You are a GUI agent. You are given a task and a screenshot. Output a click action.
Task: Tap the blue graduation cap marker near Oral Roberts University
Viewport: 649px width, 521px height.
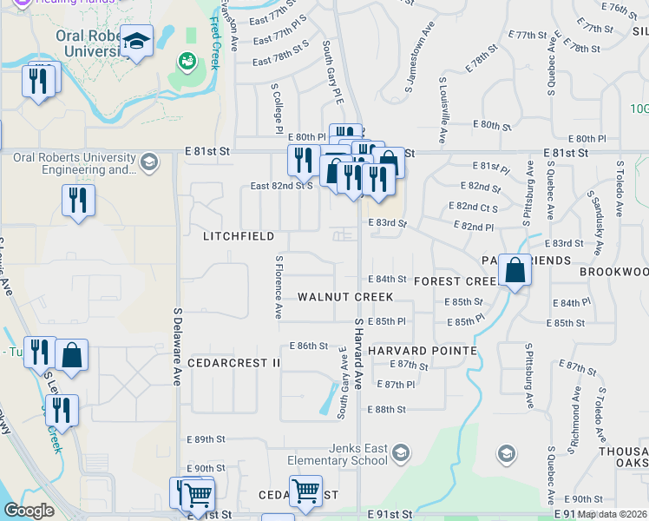pos(136,43)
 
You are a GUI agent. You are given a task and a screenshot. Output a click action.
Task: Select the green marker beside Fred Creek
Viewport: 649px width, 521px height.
pos(187,61)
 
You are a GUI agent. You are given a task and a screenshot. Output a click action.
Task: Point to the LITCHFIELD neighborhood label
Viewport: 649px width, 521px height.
pos(239,236)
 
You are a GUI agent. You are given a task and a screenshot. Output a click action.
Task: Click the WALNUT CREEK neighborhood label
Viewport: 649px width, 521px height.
pos(345,297)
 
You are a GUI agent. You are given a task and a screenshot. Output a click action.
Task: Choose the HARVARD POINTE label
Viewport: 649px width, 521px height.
pos(423,350)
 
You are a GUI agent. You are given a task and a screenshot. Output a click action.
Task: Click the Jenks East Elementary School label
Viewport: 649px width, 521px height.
pos(339,454)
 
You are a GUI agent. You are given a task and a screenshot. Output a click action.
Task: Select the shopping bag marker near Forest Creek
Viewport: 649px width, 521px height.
pos(515,271)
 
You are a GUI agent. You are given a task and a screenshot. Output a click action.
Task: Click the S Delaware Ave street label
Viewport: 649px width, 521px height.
pos(177,347)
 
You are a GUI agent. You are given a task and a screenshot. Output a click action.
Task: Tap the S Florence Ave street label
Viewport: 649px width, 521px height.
pos(279,286)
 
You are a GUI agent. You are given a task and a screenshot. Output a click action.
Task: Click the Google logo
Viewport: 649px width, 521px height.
pos(29,511)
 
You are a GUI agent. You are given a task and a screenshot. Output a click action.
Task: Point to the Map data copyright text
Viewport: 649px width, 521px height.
pos(613,514)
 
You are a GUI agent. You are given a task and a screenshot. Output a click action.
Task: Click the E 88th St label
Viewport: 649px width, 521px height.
pos(390,409)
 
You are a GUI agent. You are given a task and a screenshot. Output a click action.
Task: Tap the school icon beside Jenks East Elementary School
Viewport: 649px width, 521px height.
pos(400,453)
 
